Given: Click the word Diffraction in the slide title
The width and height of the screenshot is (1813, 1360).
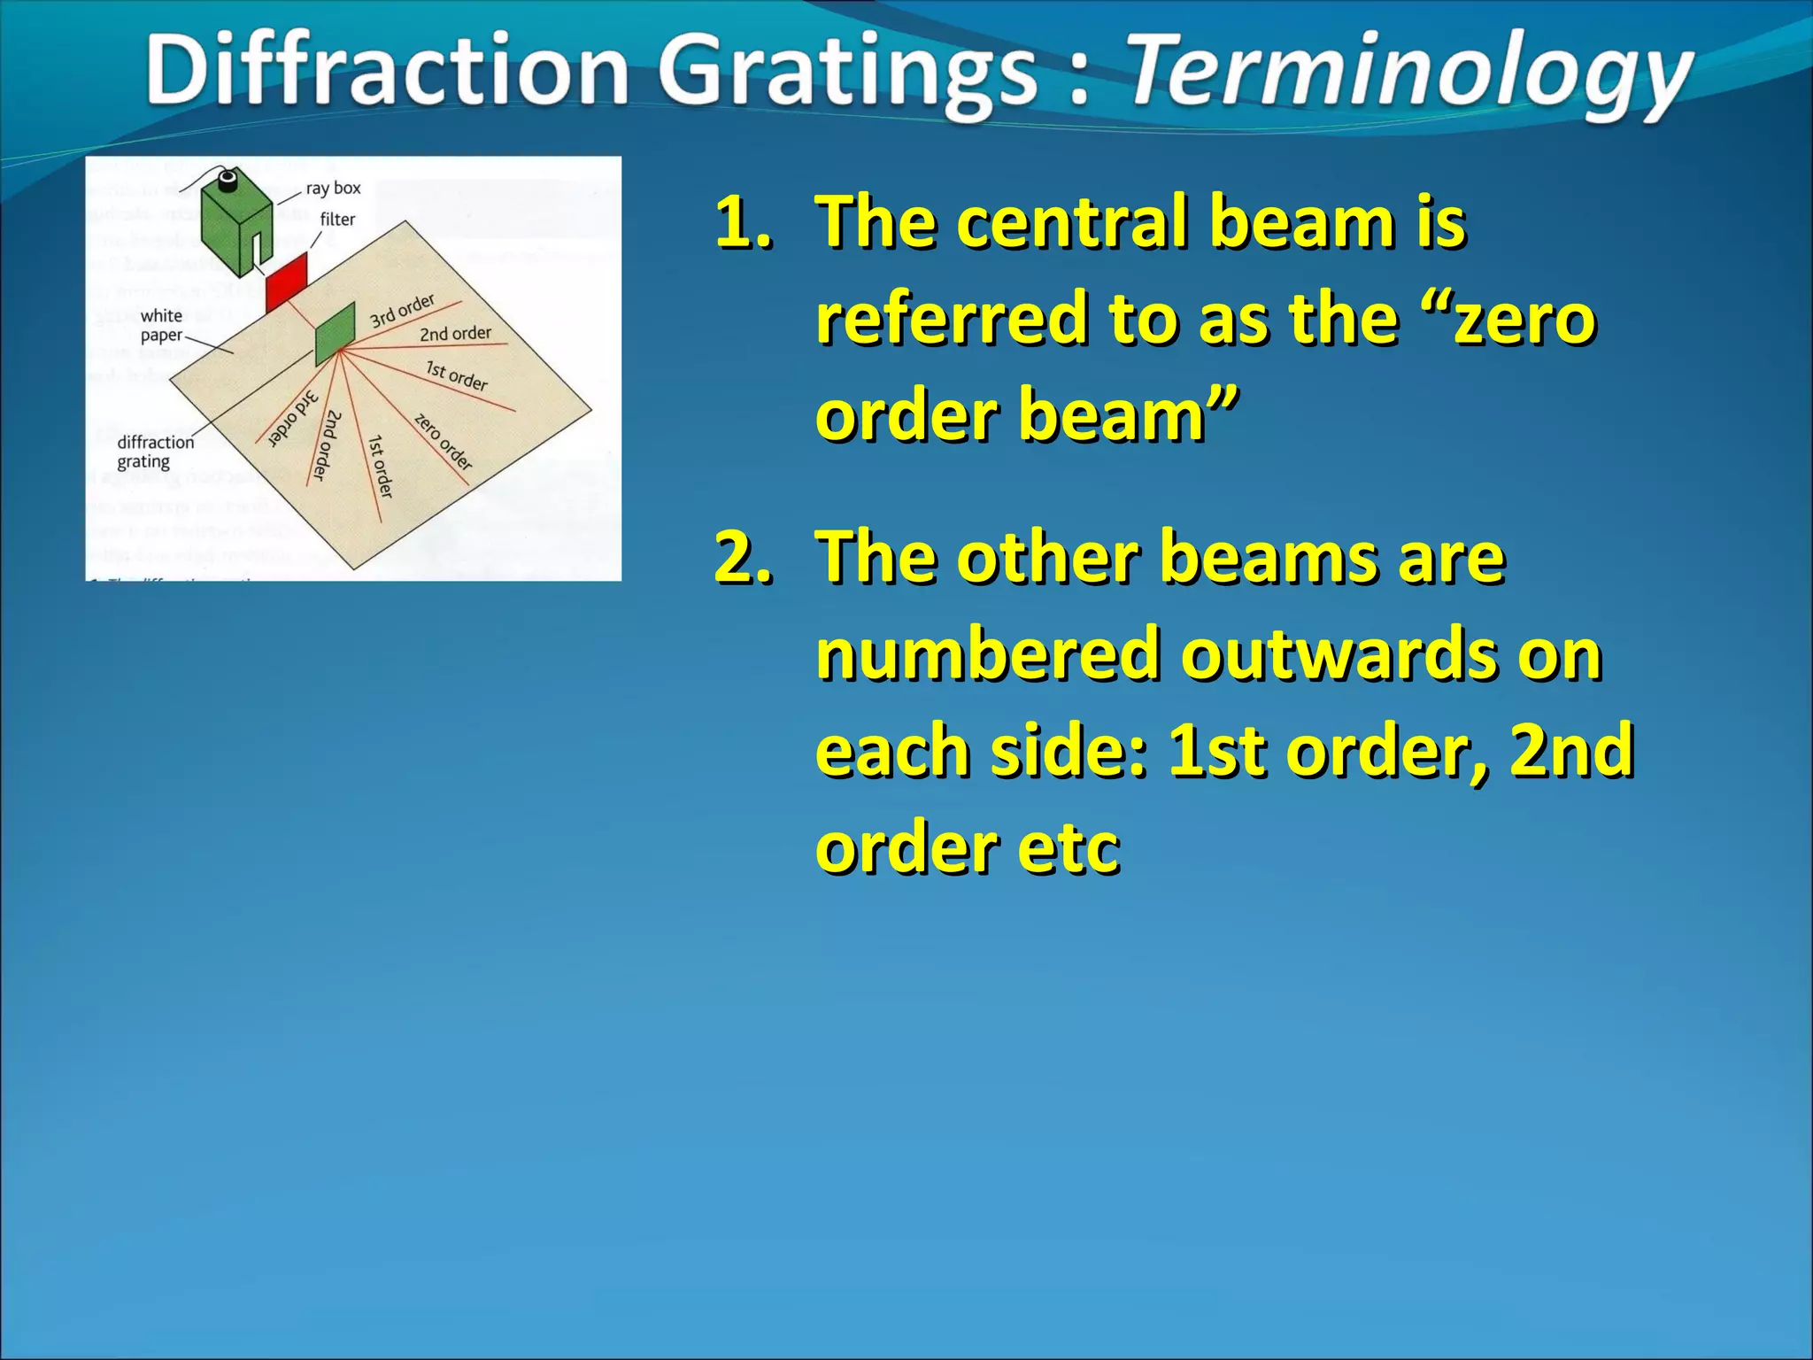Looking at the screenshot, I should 387,71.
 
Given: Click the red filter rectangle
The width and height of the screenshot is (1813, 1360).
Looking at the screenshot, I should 287,281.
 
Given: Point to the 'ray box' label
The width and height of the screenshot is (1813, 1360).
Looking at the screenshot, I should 333,189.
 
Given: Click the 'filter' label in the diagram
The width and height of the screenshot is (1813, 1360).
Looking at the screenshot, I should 337,219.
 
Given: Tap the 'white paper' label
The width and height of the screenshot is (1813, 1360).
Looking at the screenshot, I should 161,325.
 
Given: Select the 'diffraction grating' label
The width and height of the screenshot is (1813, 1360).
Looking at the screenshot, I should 155,452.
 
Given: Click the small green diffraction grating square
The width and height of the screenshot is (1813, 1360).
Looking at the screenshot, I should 336,333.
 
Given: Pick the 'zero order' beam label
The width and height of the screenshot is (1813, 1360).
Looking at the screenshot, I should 443,441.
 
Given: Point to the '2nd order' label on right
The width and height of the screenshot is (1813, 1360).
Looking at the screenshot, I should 455,334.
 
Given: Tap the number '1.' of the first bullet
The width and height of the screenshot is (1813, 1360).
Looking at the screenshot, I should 744,221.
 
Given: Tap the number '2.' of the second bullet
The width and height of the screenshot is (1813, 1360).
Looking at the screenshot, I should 744,558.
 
